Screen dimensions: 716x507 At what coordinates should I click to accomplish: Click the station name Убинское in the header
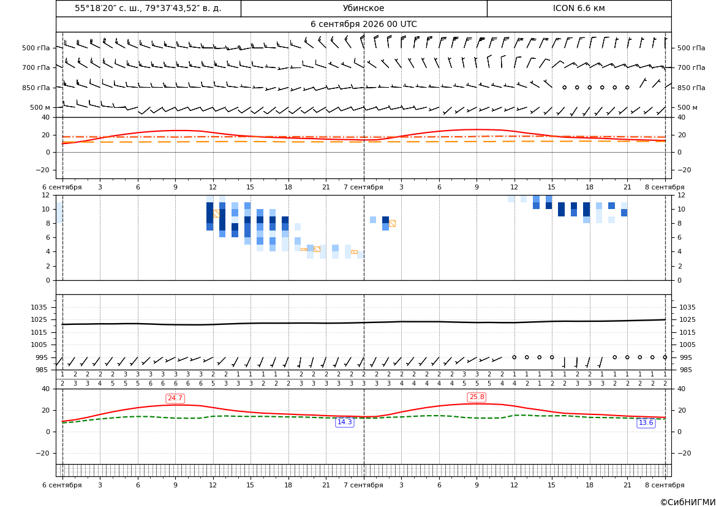[363, 8]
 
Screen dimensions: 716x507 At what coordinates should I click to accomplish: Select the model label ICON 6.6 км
[579, 8]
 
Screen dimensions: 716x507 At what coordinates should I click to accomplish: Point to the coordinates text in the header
[148, 8]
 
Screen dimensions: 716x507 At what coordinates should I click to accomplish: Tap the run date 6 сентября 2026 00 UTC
[363, 25]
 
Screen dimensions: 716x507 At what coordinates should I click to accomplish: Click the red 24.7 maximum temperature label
[175, 398]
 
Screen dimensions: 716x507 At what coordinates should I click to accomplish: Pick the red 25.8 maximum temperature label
[477, 397]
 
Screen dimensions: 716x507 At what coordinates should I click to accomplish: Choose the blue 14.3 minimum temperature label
[344, 422]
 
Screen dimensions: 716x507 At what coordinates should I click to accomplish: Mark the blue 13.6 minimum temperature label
[646, 422]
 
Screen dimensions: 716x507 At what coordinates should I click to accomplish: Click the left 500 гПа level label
[36, 48]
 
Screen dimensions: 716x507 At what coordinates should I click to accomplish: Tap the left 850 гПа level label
[36, 88]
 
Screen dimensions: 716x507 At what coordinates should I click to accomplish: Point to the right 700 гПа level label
[691, 67]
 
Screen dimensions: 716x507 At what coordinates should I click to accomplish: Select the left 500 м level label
[40, 107]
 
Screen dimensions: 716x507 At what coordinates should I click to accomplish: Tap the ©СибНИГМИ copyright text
[688, 502]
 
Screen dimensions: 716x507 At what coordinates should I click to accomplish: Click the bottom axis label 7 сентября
[363, 485]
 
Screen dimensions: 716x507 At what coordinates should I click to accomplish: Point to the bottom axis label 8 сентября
[665, 485]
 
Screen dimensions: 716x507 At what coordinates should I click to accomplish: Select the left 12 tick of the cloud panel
[46, 195]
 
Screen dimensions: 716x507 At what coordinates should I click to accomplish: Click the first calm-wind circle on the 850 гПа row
[564, 87]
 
